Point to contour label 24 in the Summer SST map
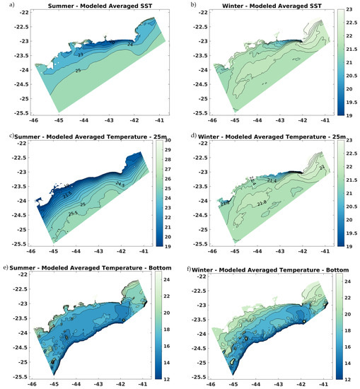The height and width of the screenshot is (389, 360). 129,43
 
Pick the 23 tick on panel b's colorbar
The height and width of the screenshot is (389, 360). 348,12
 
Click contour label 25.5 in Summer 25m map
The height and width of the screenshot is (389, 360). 73,213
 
